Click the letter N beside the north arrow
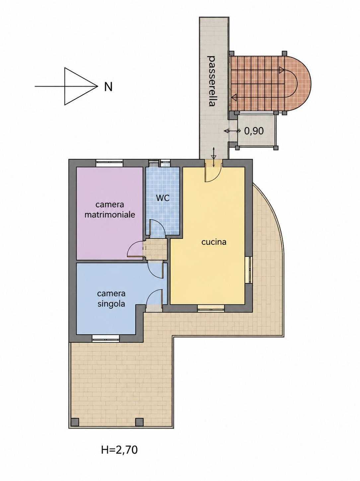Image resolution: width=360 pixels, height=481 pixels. [108, 87]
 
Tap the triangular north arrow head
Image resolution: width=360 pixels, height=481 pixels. [81, 86]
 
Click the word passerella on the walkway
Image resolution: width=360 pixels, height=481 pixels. [211, 81]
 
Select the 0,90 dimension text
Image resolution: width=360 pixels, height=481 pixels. [254, 131]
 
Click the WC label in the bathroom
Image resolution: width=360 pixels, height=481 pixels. [163, 198]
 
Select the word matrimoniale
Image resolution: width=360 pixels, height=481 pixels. [110, 215]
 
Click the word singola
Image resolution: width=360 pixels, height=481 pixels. [111, 304]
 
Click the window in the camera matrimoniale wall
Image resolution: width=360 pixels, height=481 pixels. [109, 163]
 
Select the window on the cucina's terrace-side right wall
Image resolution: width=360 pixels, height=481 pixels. [249, 270]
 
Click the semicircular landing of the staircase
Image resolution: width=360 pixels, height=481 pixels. [298, 84]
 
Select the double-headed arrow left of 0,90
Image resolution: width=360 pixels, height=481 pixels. [232, 131]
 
